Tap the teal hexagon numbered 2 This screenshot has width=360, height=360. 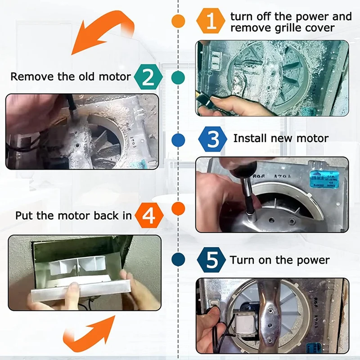pos(148,76)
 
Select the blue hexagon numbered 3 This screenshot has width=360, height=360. pos(212,139)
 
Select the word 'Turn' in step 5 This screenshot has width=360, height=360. pos(242,260)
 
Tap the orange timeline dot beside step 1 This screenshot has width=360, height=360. pos(179,21)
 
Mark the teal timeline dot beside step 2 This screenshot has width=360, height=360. pos(179,77)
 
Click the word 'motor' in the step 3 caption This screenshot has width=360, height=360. pos(313,138)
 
